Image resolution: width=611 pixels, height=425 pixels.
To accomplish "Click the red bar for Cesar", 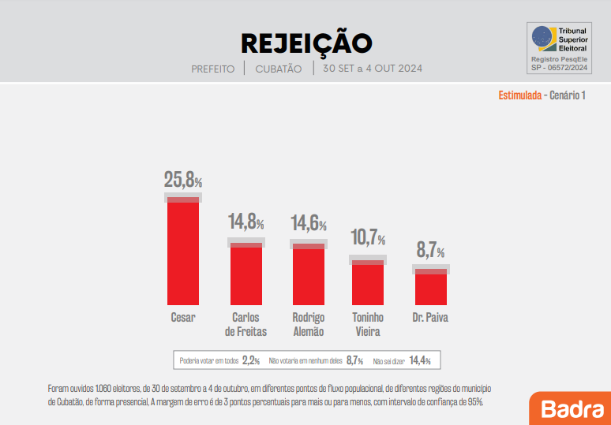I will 182,252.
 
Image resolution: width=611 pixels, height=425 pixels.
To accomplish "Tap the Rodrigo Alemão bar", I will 308,275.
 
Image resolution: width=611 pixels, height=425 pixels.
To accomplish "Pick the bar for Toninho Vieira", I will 368,283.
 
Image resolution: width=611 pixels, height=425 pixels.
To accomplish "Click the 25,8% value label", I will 182,181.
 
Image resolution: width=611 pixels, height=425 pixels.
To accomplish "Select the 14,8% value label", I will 246,222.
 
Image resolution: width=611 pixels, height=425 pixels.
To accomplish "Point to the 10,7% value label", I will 368,237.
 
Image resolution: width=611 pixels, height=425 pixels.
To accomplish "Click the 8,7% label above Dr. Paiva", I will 430,251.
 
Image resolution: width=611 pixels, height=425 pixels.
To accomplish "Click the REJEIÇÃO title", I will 305,43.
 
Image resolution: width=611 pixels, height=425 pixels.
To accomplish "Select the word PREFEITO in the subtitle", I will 213,69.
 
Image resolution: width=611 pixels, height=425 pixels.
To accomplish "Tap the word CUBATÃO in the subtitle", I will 279,69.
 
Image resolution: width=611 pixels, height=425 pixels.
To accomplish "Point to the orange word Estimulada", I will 519,95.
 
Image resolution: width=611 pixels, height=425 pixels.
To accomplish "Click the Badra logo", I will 568,408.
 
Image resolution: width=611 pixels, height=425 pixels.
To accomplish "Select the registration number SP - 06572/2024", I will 560,68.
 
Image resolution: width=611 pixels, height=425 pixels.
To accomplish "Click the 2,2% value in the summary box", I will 251,360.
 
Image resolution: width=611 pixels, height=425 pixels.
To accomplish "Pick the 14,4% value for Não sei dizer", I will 420,360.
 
